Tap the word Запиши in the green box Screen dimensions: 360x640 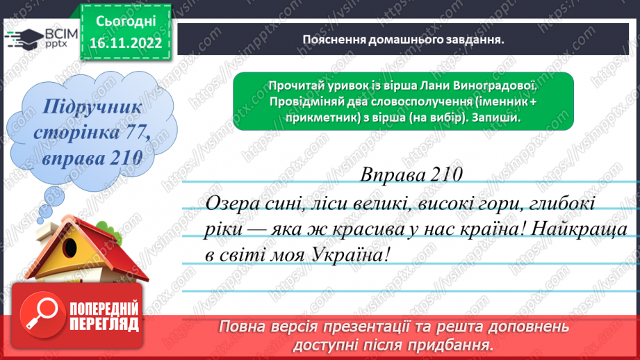500,117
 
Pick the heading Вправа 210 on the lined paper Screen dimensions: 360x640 411,174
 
